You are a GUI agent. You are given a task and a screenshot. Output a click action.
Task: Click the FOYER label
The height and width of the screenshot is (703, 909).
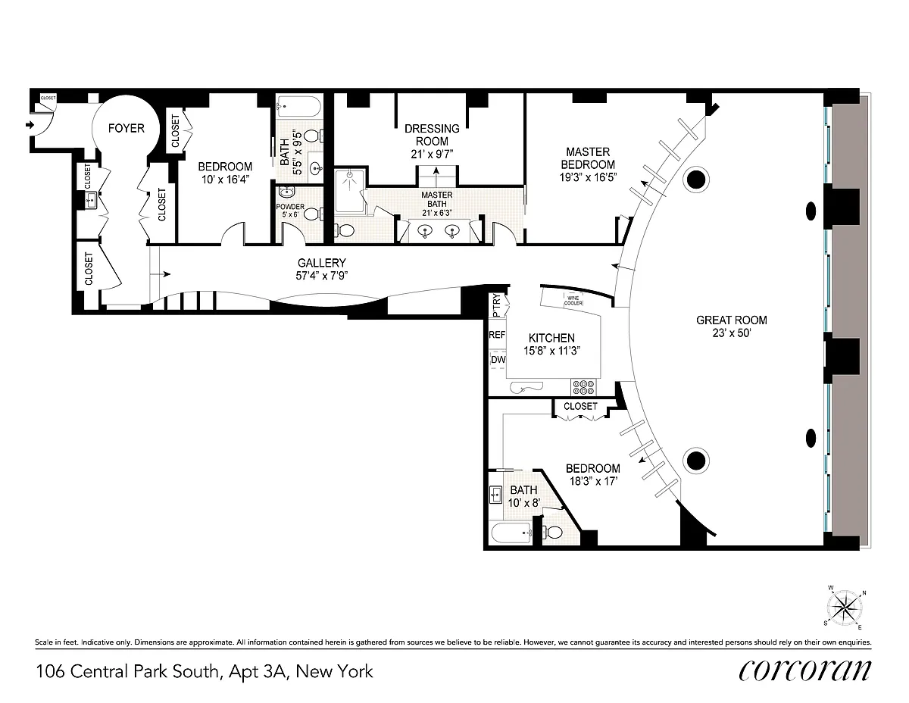pos(126,128)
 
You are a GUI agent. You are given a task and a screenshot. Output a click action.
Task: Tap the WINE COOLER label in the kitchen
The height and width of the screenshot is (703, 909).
pos(573,301)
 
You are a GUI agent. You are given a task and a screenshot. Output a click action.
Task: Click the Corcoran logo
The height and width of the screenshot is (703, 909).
pos(804,671)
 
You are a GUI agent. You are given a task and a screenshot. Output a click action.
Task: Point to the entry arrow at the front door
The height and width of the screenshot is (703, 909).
pos(30,125)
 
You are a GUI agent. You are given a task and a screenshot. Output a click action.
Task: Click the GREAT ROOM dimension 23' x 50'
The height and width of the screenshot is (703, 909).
pos(732,333)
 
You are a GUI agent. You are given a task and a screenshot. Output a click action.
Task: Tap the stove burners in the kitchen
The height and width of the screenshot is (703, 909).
pos(583,387)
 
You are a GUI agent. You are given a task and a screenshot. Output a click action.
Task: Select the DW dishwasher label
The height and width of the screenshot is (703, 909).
pos(498,360)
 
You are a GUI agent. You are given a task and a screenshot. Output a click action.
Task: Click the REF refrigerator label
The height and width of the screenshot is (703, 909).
pos(497,335)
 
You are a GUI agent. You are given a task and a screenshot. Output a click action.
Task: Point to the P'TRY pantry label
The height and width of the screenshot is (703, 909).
pos(496,305)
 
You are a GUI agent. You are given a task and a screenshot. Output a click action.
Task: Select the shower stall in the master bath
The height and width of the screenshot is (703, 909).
pos(350,192)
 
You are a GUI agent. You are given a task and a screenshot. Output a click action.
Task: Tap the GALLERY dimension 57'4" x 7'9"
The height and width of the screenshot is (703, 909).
pos(322,276)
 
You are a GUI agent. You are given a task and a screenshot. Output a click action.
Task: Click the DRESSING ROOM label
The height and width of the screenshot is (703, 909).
pos(432,135)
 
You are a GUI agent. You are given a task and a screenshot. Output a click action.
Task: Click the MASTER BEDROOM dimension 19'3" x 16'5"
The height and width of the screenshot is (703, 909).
pos(588,177)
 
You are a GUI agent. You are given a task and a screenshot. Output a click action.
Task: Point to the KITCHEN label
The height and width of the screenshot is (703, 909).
pos(551,338)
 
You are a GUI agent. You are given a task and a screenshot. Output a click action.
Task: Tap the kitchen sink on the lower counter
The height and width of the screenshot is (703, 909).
pos(526,388)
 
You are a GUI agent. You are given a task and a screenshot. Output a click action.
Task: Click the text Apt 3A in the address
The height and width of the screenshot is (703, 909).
pos(258,672)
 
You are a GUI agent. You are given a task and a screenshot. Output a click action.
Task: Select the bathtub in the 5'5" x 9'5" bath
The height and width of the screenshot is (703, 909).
pos(298,108)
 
